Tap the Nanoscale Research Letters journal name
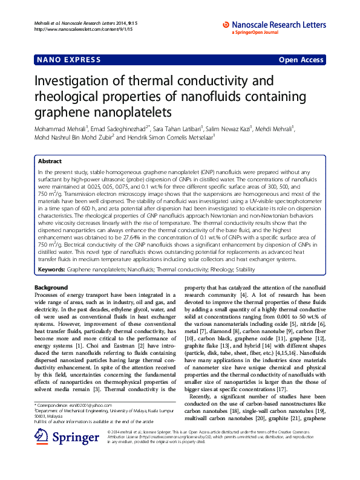[278, 24]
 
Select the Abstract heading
[50, 161]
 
